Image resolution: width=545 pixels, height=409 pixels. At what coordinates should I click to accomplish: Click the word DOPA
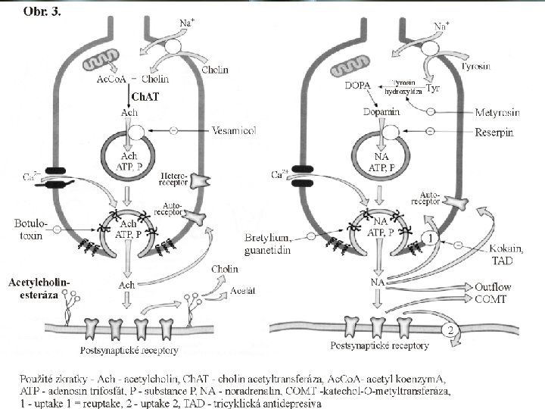tap(357, 86)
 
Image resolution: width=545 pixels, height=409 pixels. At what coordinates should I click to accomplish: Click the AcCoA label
tap(113, 79)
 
